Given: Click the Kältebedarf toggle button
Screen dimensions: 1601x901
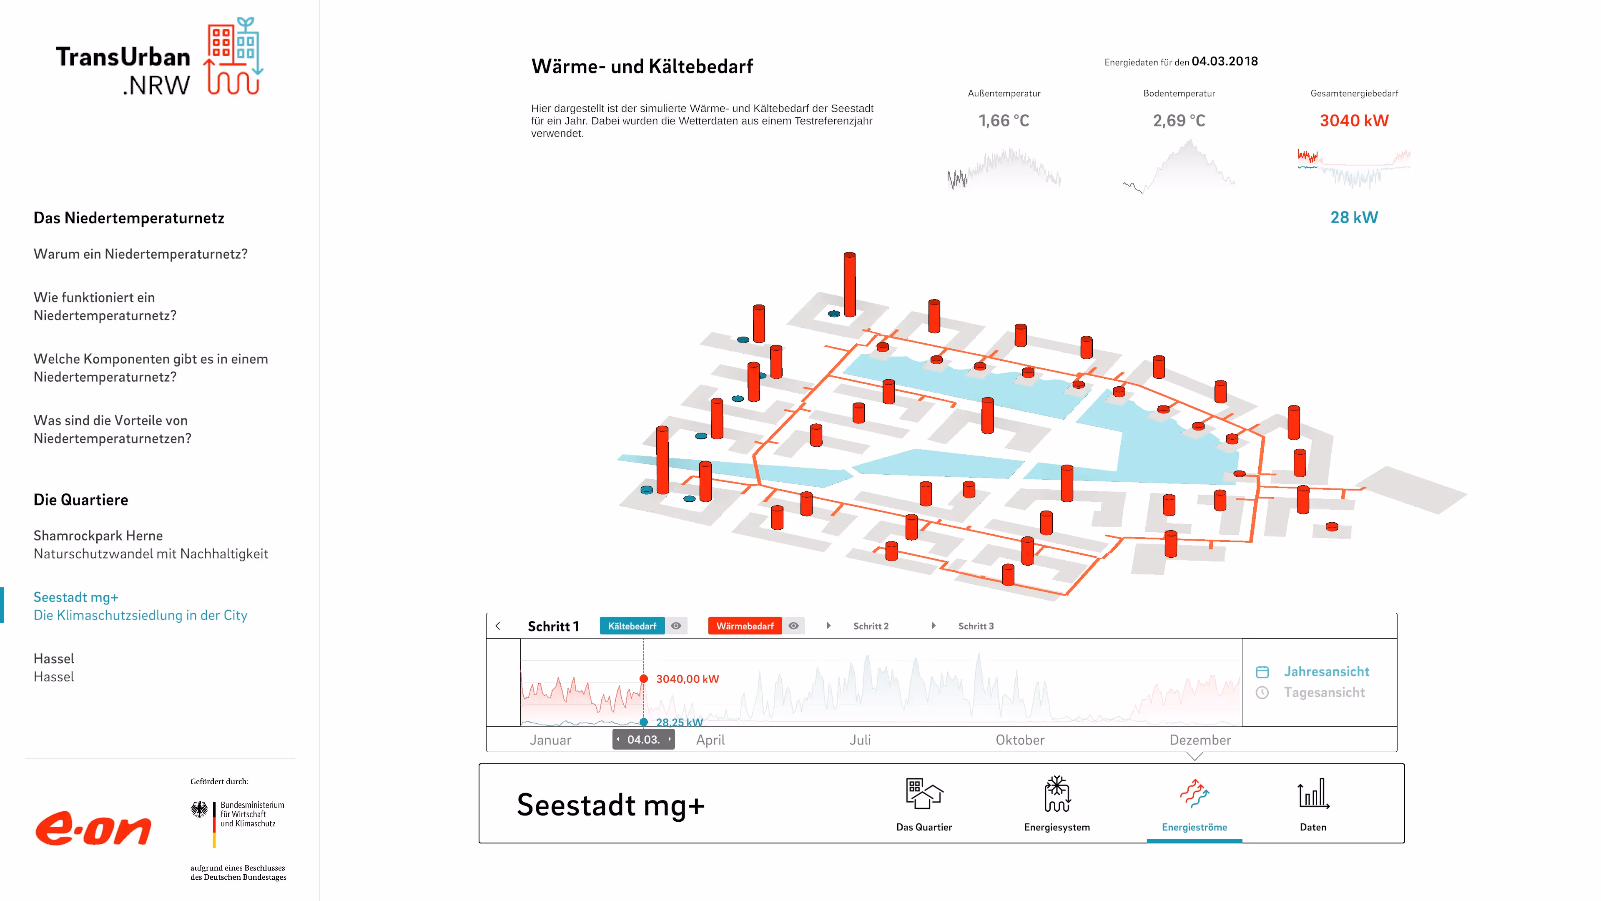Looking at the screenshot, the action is pos(632,626).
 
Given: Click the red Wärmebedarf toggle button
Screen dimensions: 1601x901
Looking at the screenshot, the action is pos(745,626).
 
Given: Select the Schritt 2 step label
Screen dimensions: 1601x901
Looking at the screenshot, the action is pos(870,626).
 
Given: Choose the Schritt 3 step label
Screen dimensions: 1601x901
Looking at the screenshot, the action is pos(975,626).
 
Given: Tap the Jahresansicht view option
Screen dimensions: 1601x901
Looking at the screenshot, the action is pos(1326,672).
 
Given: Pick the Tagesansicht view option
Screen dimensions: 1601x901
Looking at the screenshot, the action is pos(1324,693).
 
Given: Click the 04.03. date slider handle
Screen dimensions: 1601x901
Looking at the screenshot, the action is pos(643,739).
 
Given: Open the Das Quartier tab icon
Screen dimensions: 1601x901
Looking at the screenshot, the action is pos(923,794).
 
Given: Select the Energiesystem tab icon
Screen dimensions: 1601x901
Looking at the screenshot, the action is pos(1056,794).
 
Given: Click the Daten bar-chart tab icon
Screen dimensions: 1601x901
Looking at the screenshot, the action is pos(1312,794).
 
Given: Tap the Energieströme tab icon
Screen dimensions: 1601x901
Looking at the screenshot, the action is pos(1194,794).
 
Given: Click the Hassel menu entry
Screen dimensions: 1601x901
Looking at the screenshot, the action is pos(54,667).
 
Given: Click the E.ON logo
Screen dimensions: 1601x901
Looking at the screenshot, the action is pos(93,828).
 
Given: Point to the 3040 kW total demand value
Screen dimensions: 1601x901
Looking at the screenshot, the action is pos(1354,121).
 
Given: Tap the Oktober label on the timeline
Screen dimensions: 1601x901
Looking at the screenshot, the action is pos(1019,740).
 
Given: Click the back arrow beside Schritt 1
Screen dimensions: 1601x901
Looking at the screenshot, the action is pos(498,626).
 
